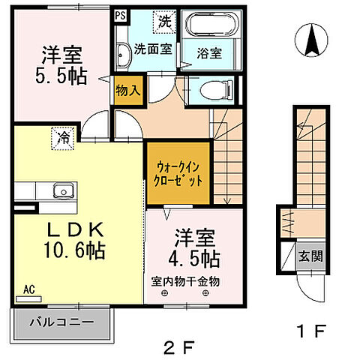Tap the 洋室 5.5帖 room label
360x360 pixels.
(63, 65)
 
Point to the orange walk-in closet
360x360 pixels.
(174, 174)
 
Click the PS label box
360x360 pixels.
(120, 14)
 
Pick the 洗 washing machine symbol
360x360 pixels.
(164, 21)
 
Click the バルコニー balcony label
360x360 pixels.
(62, 322)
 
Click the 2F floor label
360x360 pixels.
(178, 346)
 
